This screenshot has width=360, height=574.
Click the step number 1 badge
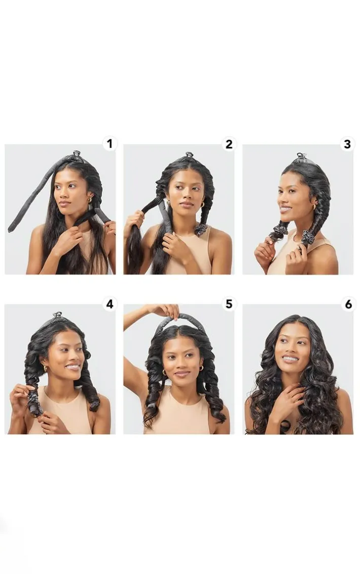[x=109, y=143]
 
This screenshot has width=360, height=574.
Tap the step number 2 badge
[x=229, y=144]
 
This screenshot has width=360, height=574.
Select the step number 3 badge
[x=347, y=144]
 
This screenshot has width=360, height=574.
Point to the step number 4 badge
[x=110, y=304]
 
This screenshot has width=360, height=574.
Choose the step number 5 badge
[x=229, y=304]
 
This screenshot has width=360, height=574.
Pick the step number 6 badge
[x=348, y=304]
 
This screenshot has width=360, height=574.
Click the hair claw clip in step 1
[x=76, y=154]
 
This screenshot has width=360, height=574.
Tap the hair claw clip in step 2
[x=189, y=155]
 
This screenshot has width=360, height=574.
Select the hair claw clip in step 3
[x=301, y=157]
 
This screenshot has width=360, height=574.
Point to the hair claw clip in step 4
[x=57, y=315]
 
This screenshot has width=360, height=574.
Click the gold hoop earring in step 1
[x=89, y=200]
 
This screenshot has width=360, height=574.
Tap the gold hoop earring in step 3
[x=314, y=207]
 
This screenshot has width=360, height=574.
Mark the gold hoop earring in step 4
[x=46, y=368]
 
